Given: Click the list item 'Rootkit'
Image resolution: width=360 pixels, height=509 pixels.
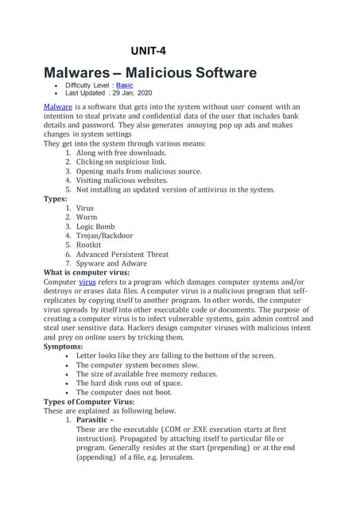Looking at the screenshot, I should (90, 245).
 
